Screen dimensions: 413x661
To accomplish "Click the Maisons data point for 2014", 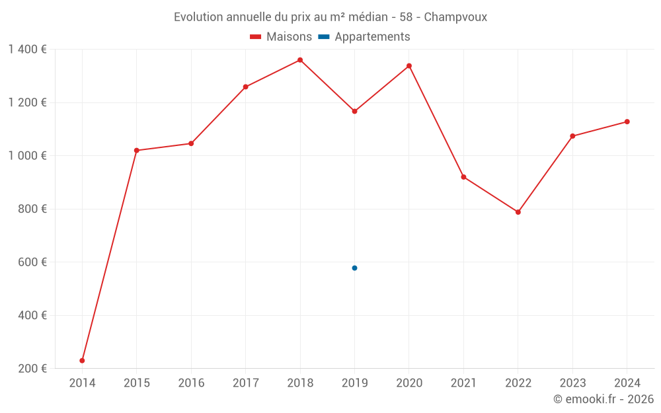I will [x=82, y=361].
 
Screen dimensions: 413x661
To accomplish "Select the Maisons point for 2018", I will [x=300, y=60].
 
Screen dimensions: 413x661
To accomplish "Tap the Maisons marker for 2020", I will [x=409, y=66].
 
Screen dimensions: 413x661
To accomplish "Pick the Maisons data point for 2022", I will [x=518, y=212].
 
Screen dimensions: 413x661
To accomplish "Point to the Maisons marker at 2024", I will [x=627, y=122].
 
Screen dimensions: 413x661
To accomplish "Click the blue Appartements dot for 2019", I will [x=354, y=268].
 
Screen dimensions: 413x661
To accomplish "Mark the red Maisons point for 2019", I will [x=354, y=111].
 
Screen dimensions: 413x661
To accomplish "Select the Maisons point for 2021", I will [x=463, y=177].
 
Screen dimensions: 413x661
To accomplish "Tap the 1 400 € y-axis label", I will [x=27, y=50].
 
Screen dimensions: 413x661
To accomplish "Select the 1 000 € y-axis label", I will [x=27, y=156].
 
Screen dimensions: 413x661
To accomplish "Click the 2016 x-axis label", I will [x=191, y=383].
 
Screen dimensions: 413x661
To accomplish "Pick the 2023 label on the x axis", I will [x=572, y=383].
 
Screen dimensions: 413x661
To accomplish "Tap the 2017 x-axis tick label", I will [x=245, y=383].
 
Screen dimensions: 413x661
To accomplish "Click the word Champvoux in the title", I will [x=455, y=17].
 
